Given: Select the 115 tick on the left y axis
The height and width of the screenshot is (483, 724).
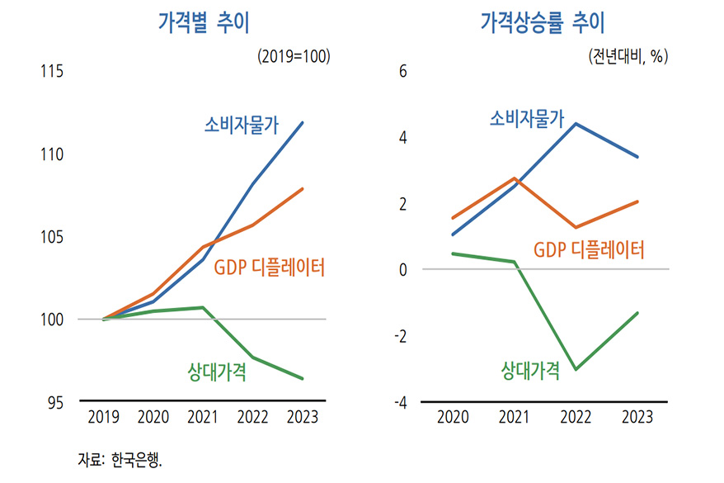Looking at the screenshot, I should point(51,72).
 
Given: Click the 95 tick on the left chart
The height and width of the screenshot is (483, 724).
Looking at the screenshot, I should point(54,403).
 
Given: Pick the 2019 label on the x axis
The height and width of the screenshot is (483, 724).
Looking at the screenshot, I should point(103,418).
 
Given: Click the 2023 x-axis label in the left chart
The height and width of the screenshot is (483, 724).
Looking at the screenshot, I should point(303,418).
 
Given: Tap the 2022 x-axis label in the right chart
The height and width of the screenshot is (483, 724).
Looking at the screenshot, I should point(576,418).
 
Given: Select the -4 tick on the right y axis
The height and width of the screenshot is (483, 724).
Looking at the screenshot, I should point(402,403).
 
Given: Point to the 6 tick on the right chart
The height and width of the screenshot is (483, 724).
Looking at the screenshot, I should point(403,72).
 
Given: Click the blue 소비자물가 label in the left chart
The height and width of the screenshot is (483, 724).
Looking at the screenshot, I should point(242,125).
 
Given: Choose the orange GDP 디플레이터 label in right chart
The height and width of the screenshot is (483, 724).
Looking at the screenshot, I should point(589,249).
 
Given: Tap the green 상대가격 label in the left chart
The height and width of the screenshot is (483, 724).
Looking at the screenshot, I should point(218,372).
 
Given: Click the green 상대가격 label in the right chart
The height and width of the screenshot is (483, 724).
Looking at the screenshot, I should point(531,370).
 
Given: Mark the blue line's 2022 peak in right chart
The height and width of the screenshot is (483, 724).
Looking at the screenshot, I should point(576,124).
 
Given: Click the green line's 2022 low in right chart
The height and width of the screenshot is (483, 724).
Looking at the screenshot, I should point(576,369).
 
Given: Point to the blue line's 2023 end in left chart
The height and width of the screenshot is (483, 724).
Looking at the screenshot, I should point(303,123).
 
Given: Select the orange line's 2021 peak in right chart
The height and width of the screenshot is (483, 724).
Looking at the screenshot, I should point(515,178).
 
